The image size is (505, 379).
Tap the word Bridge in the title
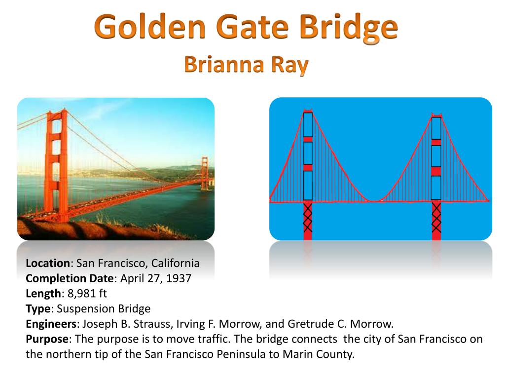(349, 28)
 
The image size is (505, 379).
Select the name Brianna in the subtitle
(224, 64)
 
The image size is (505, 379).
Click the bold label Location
(48, 264)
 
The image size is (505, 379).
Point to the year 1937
(179, 278)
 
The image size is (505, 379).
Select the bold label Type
(38, 309)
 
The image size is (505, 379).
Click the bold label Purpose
(47, 340)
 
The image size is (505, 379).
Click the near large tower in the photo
(57, 165)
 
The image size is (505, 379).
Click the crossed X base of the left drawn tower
(308, 218)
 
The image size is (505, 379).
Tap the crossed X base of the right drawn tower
(436, 218)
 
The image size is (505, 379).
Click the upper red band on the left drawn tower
(308, 140)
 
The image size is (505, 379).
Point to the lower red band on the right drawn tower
(436, 171)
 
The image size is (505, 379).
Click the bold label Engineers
(51, 324)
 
